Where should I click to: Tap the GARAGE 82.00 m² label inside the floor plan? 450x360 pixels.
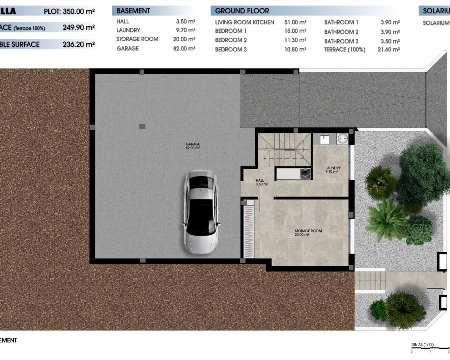193,146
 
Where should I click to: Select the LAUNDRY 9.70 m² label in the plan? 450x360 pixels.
333,170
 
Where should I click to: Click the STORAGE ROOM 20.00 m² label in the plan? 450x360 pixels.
308,233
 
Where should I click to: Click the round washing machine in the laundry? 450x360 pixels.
342,139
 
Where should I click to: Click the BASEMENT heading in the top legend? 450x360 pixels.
133,11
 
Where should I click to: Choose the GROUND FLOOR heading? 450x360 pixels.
242,11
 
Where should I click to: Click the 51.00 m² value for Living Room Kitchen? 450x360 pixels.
295,22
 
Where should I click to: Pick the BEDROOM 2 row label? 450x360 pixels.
231,40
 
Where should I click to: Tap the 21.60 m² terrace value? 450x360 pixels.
388,50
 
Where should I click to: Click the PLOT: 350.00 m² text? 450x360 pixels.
69,11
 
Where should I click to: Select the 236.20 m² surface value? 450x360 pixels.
79,44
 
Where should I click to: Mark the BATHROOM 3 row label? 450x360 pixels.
341,41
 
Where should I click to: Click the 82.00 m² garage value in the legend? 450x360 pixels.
184,49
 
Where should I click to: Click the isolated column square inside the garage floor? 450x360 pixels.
142,126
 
